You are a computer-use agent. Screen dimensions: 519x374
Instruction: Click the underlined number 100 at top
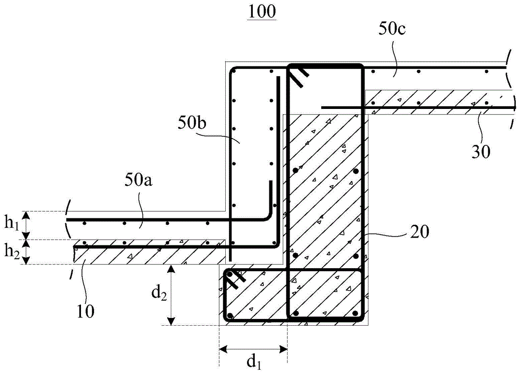tap(262, 12)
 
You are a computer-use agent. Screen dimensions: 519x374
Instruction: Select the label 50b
tap(192, 123)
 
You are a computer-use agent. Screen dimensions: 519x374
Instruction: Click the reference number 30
tap(481, 152)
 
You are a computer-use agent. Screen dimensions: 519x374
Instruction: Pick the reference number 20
tap(419, 232)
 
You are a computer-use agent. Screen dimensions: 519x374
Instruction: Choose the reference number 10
tap(86, 311)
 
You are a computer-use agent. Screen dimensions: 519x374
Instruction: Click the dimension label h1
tap(12, 224)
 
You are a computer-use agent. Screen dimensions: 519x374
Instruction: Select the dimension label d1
tap(254, 362)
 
